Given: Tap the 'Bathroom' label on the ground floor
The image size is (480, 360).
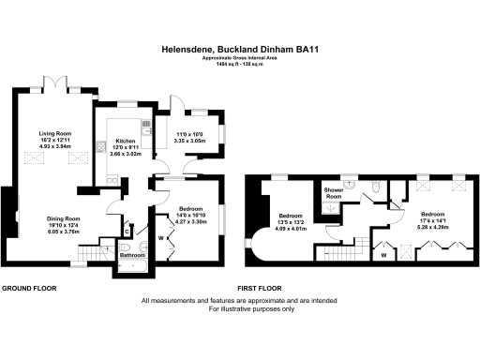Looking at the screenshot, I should [131, 254].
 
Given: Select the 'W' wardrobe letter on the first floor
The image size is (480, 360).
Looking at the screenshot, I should [384, 253].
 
